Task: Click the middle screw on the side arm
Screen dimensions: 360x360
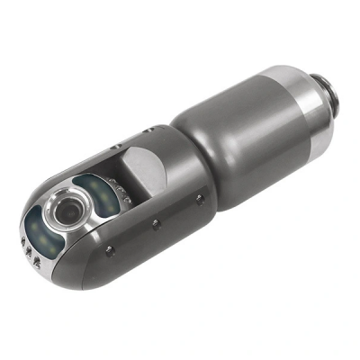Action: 154,222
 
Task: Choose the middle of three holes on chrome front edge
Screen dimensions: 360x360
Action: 31,253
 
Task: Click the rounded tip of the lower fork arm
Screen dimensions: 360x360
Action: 54,270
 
